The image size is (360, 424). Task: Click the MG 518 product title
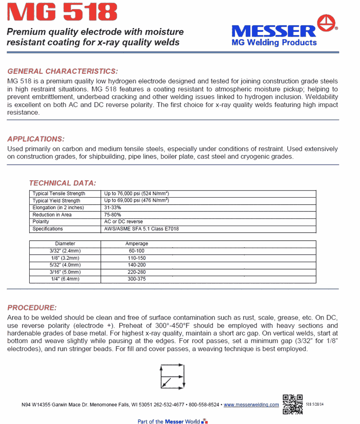coord(62,13)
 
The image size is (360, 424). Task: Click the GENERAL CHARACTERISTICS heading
coord(63,71)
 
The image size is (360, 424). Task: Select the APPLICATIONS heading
coord(36,139)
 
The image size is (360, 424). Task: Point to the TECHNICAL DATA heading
coord(62,183)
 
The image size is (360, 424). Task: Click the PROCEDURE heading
coord(32,308)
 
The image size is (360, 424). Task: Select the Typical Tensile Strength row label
coord(59,193)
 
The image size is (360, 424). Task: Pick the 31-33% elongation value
coord(113,208)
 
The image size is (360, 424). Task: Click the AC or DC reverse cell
coord(123,221)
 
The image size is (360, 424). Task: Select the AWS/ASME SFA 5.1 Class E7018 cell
coord(142,229)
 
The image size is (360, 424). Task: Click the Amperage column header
coord(136,244)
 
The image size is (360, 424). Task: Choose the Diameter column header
coord(65,244)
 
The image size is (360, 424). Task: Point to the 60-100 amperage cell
coord(136,251)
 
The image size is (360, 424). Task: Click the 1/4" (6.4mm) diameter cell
coord(65,279)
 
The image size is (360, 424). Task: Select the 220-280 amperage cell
coord(136,272)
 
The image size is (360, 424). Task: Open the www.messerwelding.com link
coord(251,405)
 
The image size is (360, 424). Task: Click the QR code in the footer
coord(293,404)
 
